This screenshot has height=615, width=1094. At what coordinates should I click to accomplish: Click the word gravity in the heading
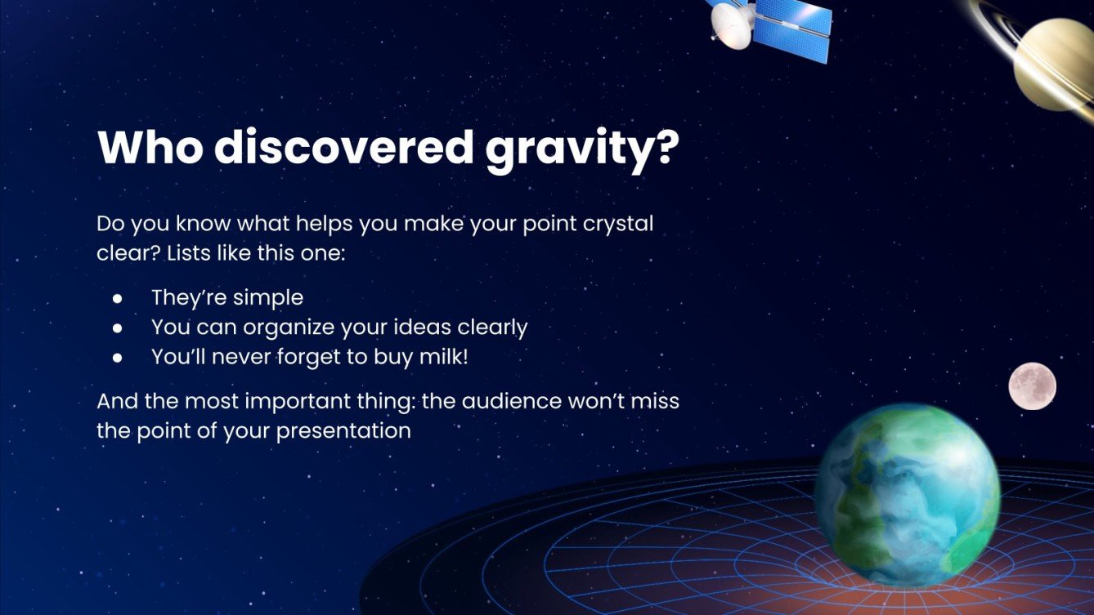tap(583, 148)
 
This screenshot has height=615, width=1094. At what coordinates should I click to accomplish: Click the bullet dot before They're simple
tap(118, 298)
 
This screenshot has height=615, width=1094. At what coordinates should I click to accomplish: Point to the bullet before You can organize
tap(118, 328)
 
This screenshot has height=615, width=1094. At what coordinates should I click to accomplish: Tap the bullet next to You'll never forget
tap(118, 357)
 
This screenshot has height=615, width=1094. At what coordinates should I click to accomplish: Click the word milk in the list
tap(443, 357)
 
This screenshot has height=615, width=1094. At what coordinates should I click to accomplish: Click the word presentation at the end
tap(343, 431)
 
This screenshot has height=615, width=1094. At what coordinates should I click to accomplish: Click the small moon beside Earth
tap(1032, 385)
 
